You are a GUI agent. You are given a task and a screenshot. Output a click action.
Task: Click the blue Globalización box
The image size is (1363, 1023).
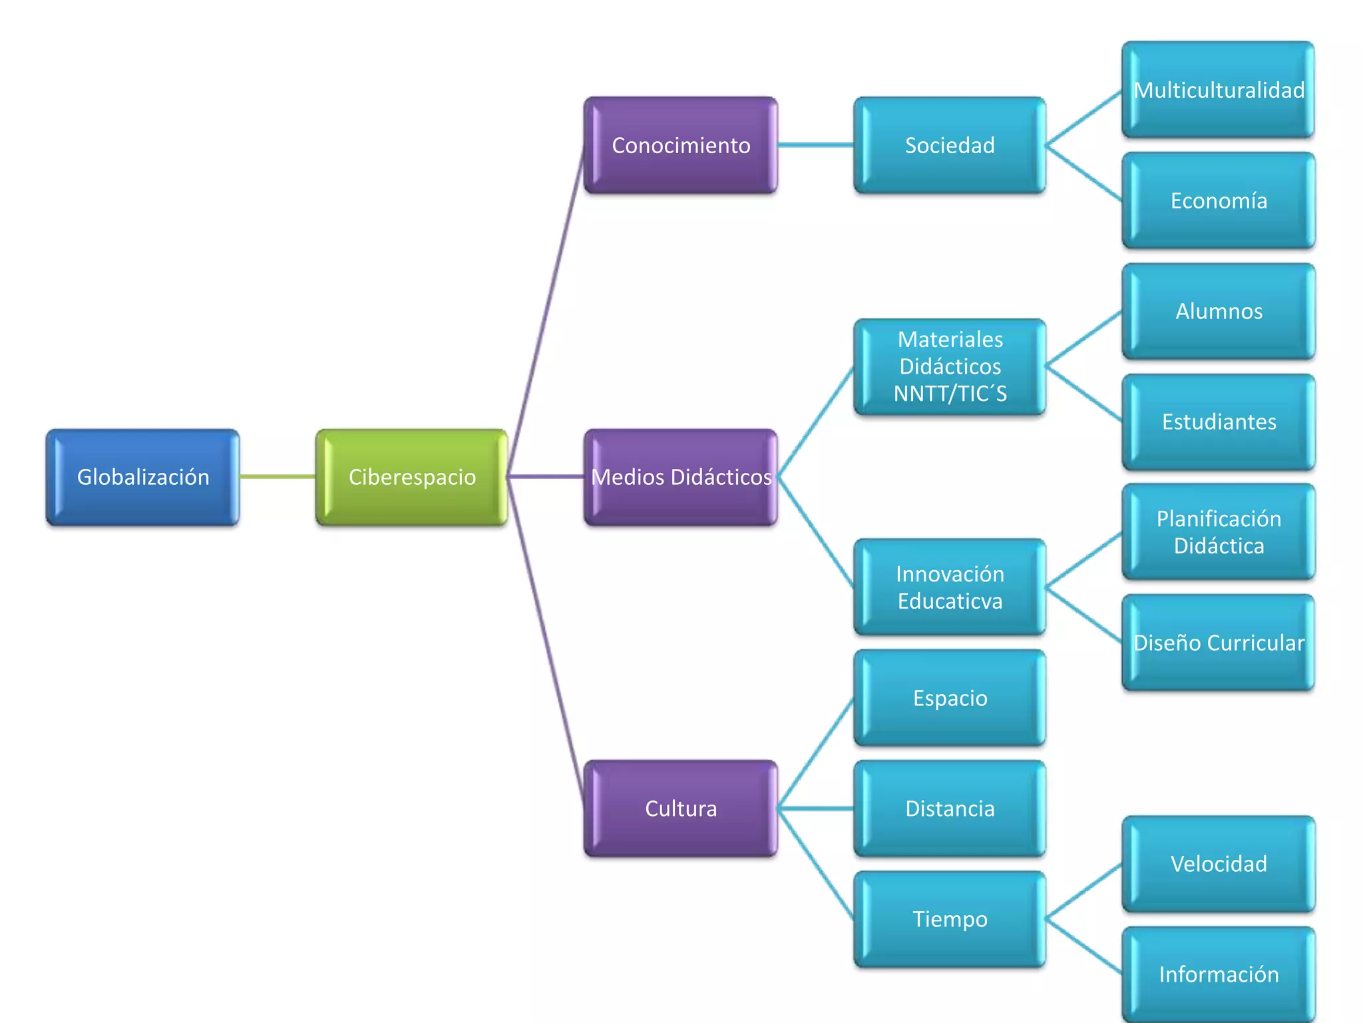142,477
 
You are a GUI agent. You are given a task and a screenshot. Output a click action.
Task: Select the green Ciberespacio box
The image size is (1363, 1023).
412,477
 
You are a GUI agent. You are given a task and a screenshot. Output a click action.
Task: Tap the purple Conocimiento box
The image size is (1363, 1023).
681,145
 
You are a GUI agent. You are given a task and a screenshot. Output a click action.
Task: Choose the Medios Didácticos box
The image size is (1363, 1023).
681,477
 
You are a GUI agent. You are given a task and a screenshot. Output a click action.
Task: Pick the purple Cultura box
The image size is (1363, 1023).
681,808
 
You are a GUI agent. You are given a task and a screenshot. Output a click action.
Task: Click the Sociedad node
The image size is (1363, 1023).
950,145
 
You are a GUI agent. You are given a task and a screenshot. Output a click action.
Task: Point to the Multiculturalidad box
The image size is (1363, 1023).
1219,90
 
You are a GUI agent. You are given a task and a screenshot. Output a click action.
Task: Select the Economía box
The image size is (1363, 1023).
1219,200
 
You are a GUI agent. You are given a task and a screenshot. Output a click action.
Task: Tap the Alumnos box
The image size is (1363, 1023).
1219,311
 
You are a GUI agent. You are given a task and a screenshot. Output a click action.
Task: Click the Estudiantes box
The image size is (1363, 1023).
1219,422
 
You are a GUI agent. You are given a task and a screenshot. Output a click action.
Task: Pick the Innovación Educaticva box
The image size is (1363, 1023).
950,587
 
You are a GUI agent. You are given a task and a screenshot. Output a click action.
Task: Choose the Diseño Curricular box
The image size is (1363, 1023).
1219,643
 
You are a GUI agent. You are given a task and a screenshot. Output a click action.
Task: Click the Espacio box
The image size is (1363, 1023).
950,698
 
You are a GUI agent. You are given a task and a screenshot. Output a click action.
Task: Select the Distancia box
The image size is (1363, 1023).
950,809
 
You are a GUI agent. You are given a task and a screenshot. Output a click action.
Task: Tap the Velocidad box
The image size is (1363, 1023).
1219,864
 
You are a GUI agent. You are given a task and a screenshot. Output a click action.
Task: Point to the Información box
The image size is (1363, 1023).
1219,974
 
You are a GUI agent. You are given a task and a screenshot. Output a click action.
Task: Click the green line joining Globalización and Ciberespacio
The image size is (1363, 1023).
277,476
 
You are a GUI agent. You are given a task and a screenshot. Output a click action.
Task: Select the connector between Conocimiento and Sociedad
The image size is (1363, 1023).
815,145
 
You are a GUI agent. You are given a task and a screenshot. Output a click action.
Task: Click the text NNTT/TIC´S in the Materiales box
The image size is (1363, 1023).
950,394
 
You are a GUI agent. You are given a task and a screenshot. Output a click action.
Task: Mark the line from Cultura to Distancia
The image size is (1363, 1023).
815,809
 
